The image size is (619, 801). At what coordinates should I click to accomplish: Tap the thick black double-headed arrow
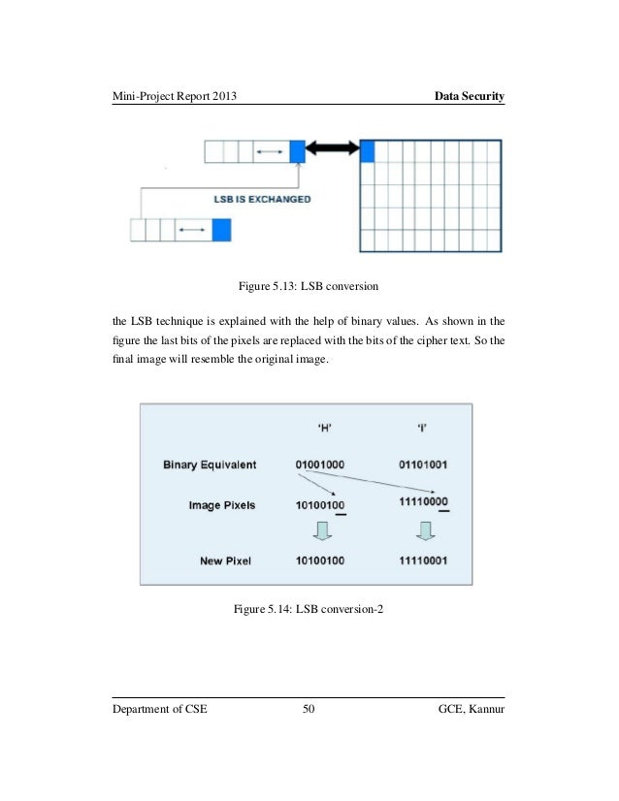tap(333, 150)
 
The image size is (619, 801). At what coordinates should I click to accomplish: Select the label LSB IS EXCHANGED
tap(262, 199)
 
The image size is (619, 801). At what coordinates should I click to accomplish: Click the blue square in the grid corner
tap(368, 150)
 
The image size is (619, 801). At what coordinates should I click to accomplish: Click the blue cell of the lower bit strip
tap(221, 230)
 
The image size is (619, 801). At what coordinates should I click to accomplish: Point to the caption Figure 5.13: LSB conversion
tap(309, 286)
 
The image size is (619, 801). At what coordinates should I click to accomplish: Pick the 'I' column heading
tap(423, 433)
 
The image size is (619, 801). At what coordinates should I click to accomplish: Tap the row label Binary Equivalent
tap(210, 465)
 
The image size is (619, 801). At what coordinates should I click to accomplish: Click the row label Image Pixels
tap(223, 505)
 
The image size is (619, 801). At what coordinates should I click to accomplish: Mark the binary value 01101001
tap(423, 465)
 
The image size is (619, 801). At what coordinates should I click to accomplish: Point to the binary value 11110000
tap(423, 501)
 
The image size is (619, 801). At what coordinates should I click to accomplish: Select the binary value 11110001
tap(423, 561)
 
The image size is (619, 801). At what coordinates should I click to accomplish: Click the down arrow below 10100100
tap(323, 530)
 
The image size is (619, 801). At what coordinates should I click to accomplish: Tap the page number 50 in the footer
tap(309, 711)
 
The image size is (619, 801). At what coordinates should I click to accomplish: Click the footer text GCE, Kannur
tap(472, 711)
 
